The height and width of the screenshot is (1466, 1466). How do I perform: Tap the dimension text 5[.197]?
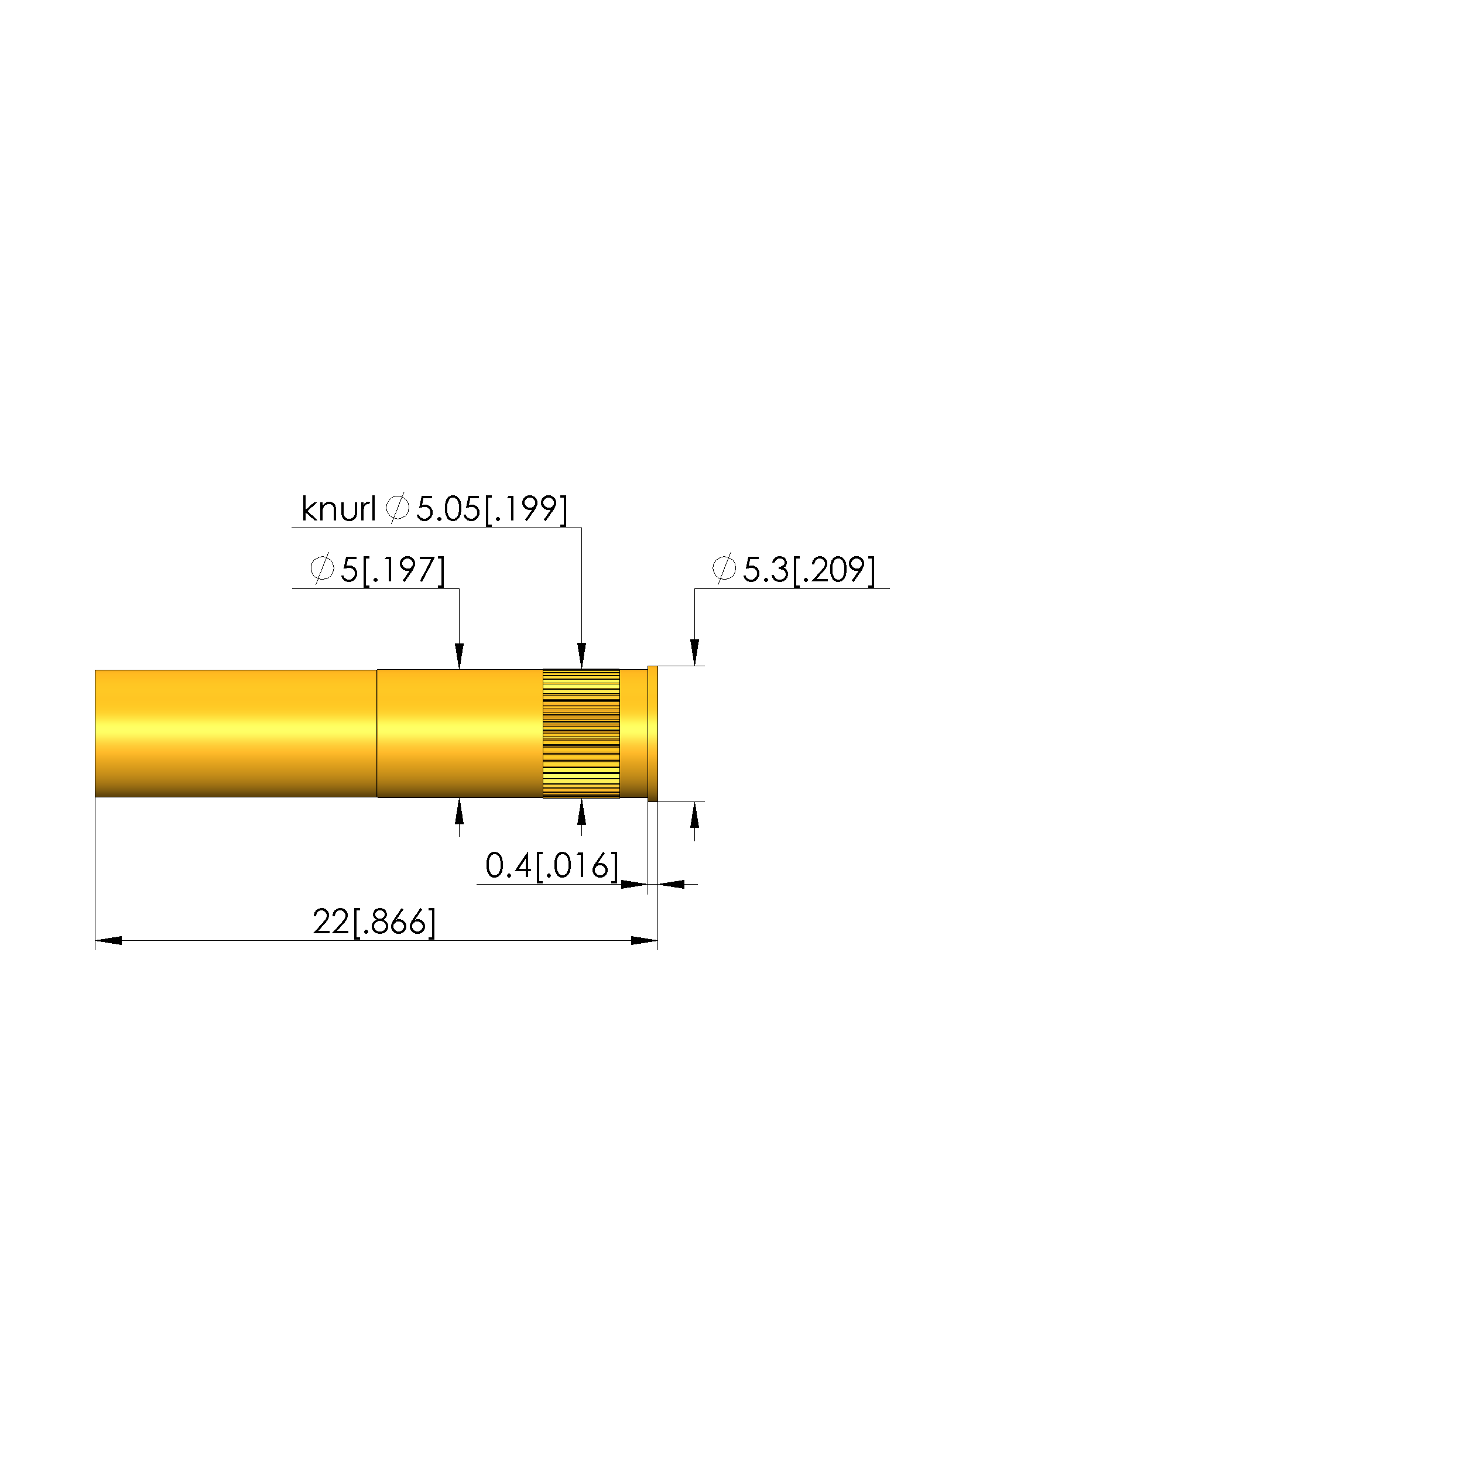pos(392,570)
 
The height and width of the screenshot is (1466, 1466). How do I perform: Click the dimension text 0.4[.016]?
pos(552,866)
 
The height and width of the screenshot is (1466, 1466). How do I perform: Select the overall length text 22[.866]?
pos(374,922)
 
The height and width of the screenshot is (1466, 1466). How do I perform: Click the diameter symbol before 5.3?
pos(724,568)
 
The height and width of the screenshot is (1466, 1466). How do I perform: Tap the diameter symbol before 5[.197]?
pos(322,568)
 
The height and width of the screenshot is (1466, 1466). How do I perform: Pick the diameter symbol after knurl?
pos(398,508)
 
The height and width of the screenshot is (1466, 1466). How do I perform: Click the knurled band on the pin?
pos(581,733)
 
